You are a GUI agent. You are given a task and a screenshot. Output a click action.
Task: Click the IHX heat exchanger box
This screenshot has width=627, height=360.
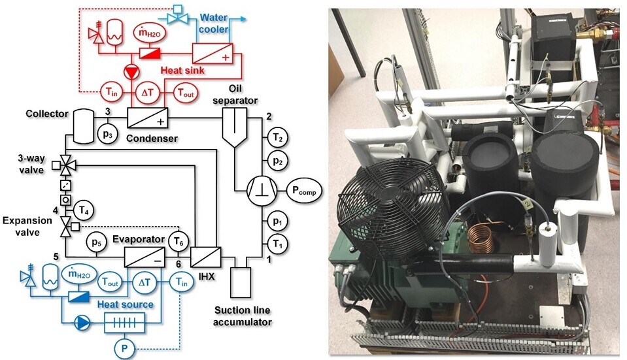click(205, 255)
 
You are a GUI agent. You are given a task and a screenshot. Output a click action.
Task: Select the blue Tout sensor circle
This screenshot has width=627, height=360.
click(110, 282)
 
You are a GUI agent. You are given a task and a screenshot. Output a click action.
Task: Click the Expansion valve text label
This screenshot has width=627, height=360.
click(30, 227)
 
